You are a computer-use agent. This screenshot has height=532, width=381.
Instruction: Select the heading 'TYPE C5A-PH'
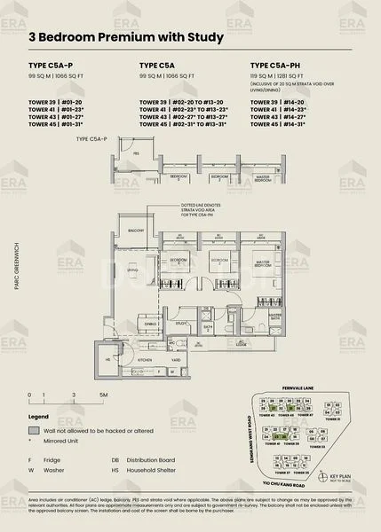click(276, 66)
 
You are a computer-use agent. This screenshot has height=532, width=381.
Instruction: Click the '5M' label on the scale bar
click(104, 393)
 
